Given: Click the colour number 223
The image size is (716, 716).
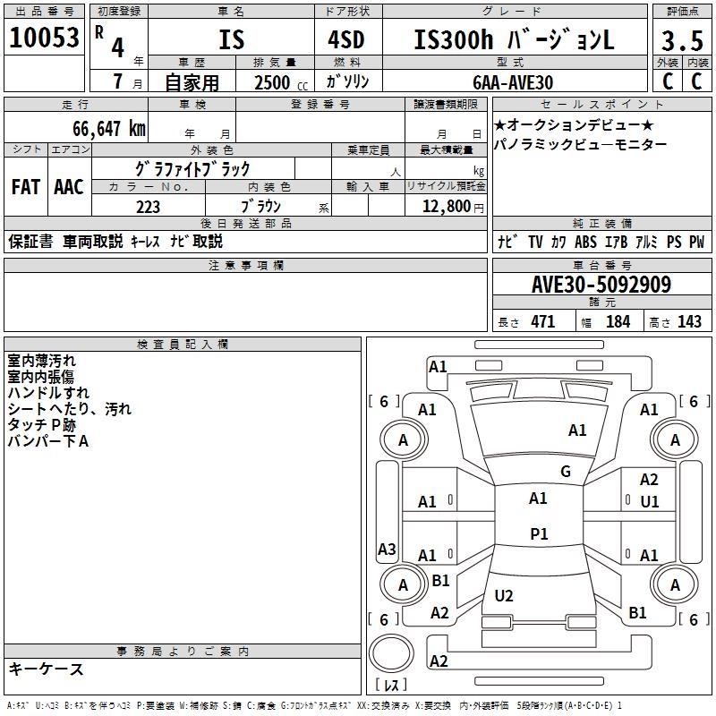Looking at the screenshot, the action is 148,207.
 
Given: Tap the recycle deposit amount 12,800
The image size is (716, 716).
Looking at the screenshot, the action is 444,207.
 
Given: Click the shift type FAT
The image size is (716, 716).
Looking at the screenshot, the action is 25,187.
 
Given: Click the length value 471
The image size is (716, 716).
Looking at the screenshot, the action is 542,321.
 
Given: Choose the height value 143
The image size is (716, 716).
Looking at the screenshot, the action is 689,321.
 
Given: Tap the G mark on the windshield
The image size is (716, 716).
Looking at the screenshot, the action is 565,472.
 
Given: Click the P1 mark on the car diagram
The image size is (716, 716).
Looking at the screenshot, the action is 538,533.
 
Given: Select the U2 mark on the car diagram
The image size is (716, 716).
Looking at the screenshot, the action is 504,595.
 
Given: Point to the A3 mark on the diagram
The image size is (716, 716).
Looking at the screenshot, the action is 387,549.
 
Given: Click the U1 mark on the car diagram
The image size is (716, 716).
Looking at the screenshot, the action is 649,502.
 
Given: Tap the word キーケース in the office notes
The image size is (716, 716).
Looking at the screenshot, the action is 46,669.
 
